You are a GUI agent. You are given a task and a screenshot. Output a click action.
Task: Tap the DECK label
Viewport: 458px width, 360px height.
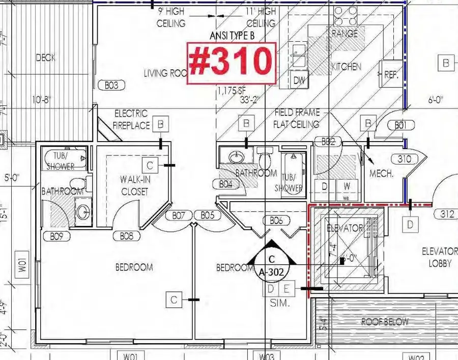click(x=46, y=58)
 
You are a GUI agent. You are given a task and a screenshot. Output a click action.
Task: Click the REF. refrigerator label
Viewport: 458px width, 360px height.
click(x=390, y=74)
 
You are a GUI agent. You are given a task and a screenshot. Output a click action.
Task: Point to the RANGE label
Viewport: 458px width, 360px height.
click(x=345, y=34)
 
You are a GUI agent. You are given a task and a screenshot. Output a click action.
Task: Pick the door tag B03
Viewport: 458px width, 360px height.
click(x=111, y=86)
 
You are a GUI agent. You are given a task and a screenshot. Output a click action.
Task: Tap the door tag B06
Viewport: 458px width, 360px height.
click(x=276, y=220)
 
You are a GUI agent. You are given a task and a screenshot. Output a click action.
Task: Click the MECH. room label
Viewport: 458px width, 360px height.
click(x=382, y=173)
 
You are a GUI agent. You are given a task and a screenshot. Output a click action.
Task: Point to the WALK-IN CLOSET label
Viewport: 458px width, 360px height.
click(x=134, y=185)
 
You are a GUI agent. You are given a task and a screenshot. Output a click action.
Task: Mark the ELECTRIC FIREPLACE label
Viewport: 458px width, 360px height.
click(x=131, y=119)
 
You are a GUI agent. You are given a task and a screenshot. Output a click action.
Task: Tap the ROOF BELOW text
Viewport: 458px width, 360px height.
click(x=385, y=322)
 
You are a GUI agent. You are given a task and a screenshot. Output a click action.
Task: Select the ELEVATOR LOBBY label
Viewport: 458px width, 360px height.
click(x=440, y=257)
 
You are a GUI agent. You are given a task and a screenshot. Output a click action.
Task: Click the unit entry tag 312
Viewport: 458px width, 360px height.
click(x=447, y=214)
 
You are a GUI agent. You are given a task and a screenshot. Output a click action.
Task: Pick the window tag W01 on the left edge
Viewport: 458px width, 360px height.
click(x=22, y=268)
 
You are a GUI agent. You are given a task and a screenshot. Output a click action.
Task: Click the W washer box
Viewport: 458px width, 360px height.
click(x=347, y=186)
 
